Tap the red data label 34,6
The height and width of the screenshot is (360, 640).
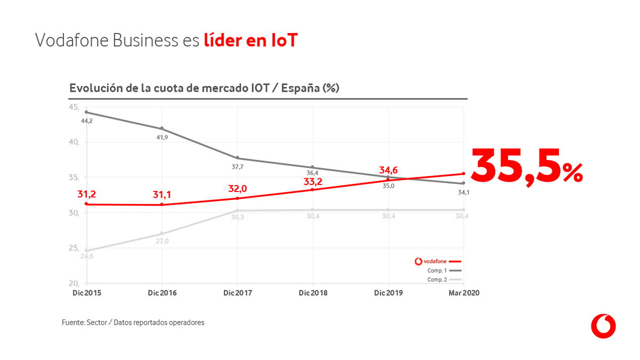pos(388,171)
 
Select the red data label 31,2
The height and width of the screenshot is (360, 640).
pos(86,194)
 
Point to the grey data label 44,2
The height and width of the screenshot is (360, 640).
pos(87,122)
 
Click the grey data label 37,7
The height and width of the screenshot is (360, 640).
pos(238,167)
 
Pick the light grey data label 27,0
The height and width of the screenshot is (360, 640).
pos(162,241)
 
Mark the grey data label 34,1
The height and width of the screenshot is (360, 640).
pos(463,192)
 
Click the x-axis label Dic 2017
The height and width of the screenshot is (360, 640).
pos(237,293)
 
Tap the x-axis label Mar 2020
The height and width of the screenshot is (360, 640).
pos(463,293)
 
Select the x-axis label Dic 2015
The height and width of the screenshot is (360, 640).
pos(86,293)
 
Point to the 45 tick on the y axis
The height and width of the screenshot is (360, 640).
pos(74,107)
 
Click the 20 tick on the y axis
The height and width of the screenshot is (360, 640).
pos(74,283)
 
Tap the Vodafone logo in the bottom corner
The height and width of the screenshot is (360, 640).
pos(603,326)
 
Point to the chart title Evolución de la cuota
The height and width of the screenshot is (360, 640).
pos(204,89)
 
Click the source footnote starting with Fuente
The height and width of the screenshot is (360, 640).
pos(133,323)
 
